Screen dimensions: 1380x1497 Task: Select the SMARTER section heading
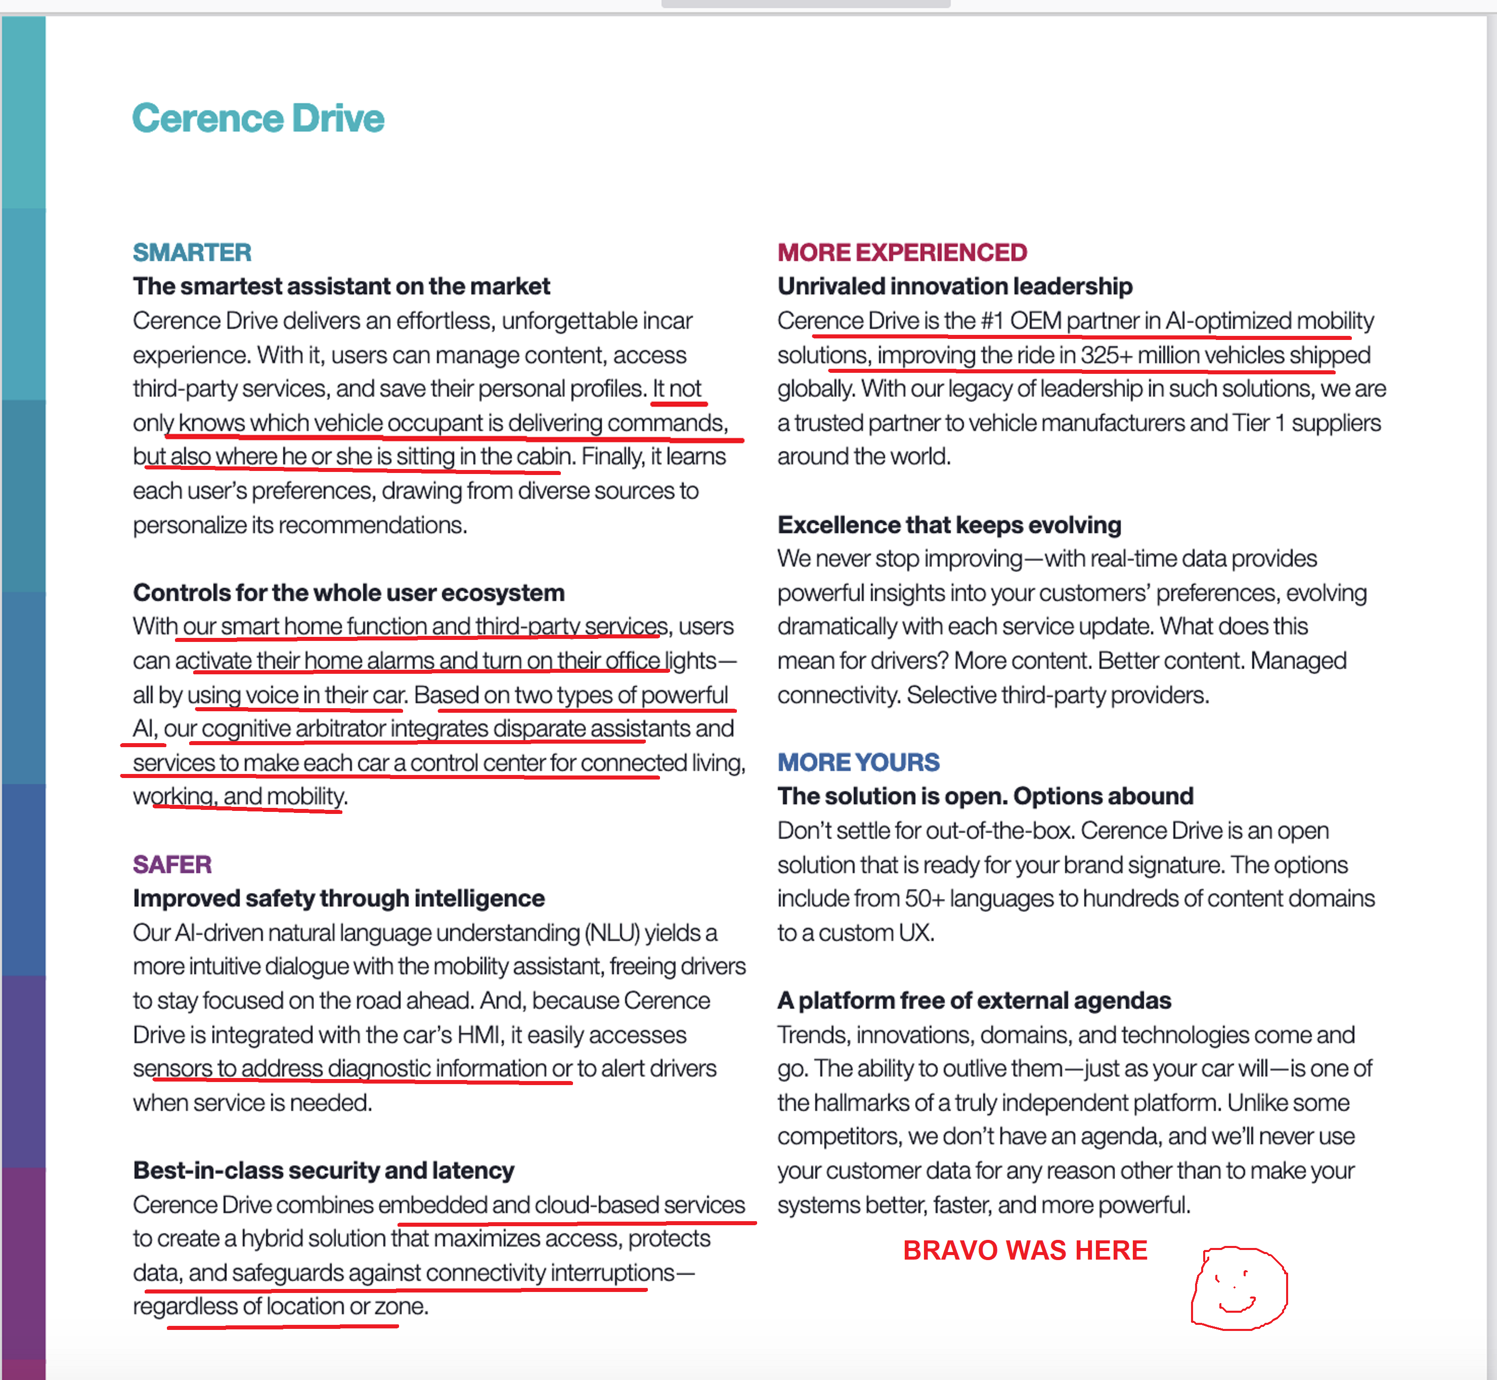click(x=192, y=252)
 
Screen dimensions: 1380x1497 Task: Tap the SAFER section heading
click(x=172, y=864)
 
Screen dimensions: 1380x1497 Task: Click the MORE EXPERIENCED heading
click(x=902, y=252)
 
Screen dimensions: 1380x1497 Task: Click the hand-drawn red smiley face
click(x=1239, y=1287)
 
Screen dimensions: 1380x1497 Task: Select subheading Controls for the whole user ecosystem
click(x=348, y=592)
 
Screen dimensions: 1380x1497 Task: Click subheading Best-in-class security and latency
click(x=323, y=1170)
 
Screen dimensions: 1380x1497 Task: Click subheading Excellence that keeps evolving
click(x=949, y=525)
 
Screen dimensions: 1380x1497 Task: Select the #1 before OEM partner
click(x=992, y=321)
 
